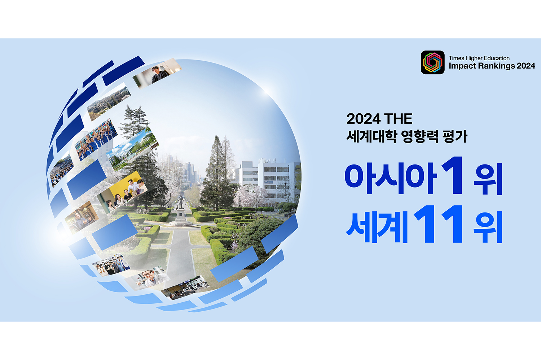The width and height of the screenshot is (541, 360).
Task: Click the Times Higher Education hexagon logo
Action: tap(432, 62)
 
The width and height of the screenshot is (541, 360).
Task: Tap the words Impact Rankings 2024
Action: tap(492, 66)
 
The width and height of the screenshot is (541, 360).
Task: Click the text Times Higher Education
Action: tap(479, 58)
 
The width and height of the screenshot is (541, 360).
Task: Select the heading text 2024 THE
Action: tap(379, 119)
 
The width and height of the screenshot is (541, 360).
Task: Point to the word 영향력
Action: tap(419, 136)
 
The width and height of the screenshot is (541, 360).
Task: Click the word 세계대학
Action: tap(371, 136)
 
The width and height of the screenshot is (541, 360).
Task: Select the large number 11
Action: tap(438, 224)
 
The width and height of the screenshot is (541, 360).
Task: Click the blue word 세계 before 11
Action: tap(377, 227)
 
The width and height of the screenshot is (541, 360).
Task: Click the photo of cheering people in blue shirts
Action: tap(96, 139)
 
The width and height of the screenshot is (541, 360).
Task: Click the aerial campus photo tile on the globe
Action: tap(109, 101)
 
